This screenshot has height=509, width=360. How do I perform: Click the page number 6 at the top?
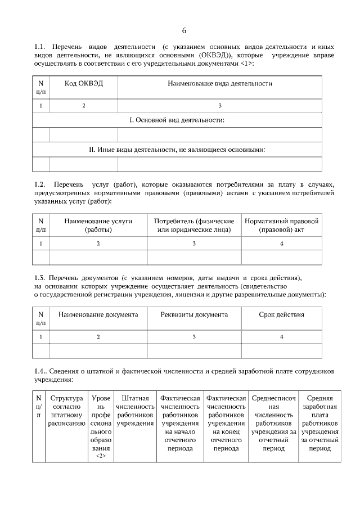[x=184, y=30]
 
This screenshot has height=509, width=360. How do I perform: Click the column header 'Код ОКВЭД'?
[x=84, y=83]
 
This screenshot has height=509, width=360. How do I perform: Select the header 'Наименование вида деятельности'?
[x=220, y=83]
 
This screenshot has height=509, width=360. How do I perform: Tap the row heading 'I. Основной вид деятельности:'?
[x=177, y=120]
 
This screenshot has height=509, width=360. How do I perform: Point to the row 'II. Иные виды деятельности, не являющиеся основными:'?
[x=177, y=150]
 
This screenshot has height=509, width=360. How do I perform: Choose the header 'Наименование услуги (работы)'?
[x=98, y=226]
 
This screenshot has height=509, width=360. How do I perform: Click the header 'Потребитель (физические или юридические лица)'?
[x=194, y=226]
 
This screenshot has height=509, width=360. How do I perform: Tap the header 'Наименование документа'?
[x=98, y=314]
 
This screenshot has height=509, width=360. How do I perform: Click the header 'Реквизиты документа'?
[x=194, y=314]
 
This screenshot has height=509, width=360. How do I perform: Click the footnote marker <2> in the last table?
[x=101, y=456]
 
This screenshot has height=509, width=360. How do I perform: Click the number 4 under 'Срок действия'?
[x=281, y=336]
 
